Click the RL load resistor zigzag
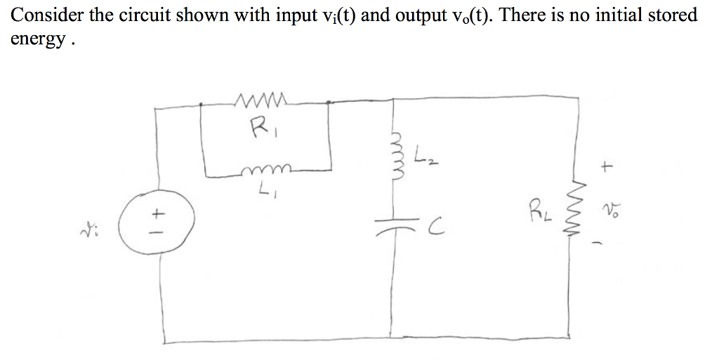[579, 218]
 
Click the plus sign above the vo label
[607, 166]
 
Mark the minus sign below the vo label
[609, 242]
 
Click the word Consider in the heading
[43, 14]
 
